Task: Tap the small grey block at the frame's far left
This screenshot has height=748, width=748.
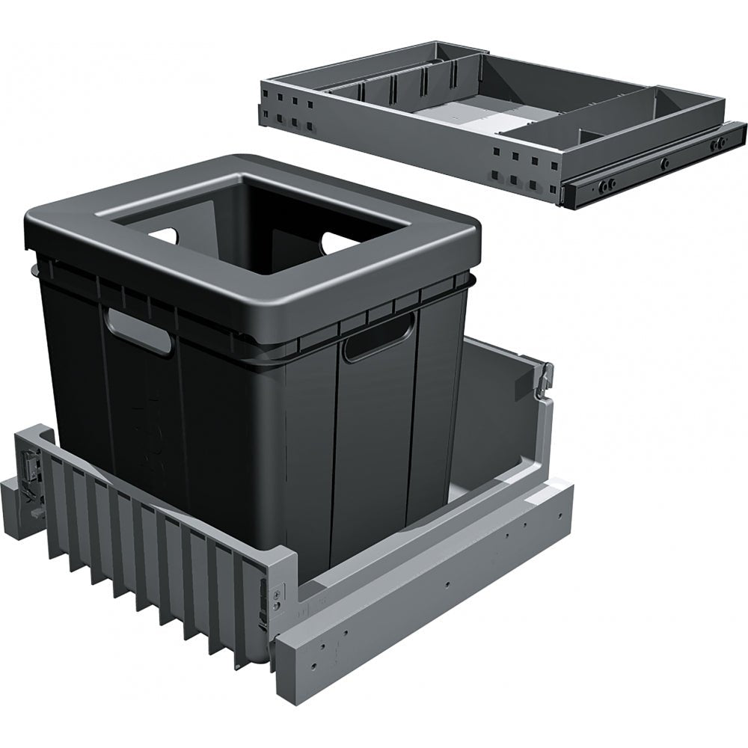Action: pyautogui.click(x=16, y=497)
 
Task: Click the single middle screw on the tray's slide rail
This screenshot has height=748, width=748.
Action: pyautogui.click(x=663, y=162)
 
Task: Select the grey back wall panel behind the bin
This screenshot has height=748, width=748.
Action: pyautogui.click(x=494, y=411)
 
